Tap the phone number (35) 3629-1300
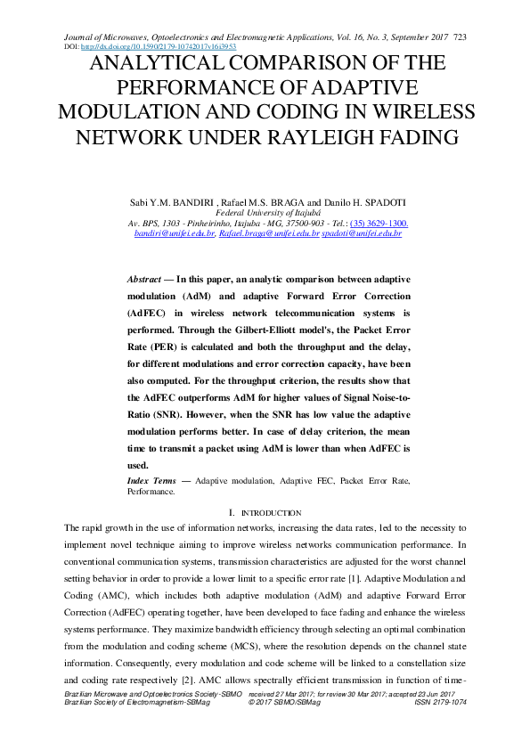[x=379, y=223]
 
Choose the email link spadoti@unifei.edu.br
[x=362, y=233]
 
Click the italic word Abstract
[x=144, y=279]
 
